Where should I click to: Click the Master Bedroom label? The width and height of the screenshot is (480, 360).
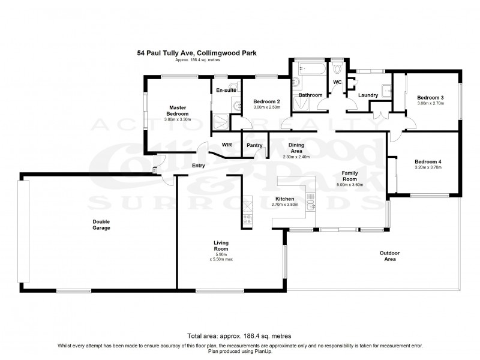[178, 111]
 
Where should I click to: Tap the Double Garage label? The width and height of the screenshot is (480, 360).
[101, 225]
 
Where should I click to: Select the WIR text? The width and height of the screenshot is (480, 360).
[227, 145]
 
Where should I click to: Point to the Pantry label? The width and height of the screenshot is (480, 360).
[253, 145]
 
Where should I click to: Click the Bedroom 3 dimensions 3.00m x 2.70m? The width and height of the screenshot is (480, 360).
[430, 103]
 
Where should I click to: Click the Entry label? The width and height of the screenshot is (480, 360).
[199, 166]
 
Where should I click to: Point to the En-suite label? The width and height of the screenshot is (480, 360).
[225, 90]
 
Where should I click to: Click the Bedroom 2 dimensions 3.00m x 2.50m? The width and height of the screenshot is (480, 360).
[267, 107]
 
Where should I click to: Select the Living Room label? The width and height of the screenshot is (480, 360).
[221, 246]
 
